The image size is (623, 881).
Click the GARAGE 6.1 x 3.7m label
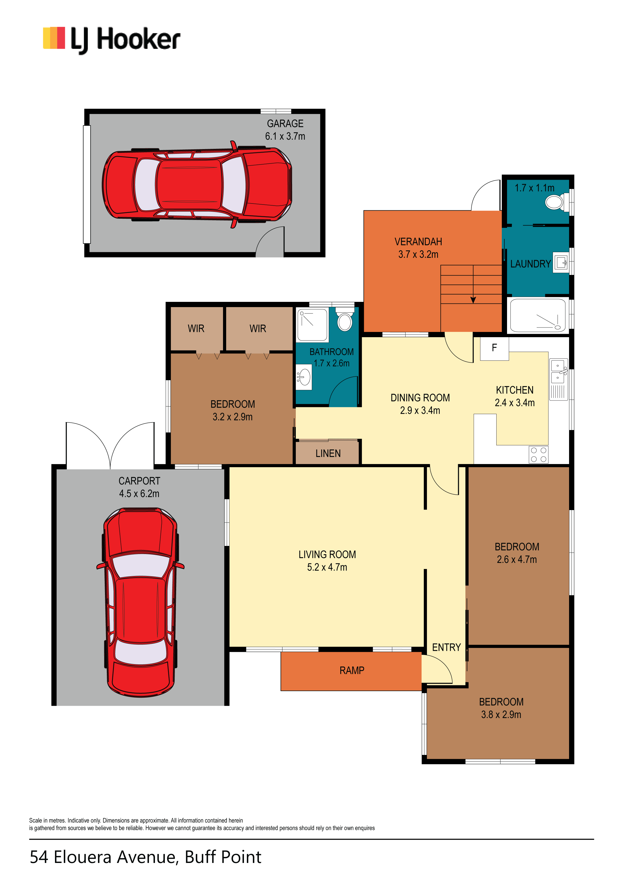(285, 130)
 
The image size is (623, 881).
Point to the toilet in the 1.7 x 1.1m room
(557, 201)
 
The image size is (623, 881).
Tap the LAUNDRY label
(530, 264)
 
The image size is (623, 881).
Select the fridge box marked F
(494, 348)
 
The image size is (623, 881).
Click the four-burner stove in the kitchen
(538, 455)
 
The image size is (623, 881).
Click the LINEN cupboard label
(328, 454)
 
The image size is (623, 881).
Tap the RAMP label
(352, 670)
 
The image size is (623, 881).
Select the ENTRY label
(446, 647)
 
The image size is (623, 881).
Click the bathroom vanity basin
(304, 377)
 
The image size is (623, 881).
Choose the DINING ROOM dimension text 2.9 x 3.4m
(420, 411)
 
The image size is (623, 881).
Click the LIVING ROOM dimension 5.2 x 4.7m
(327, 568)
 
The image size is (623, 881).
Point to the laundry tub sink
(561, 262)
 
